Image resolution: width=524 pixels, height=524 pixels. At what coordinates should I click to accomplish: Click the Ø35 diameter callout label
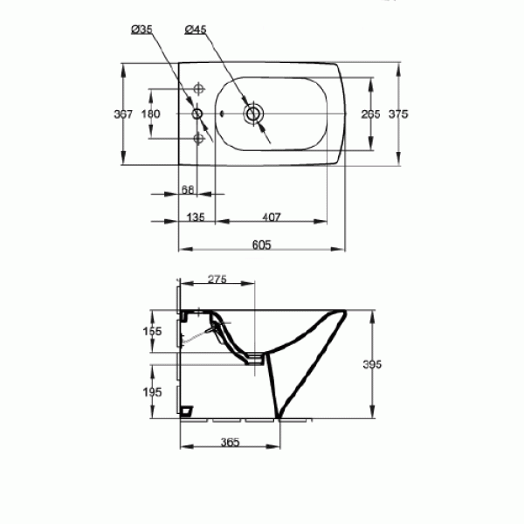(142, 31)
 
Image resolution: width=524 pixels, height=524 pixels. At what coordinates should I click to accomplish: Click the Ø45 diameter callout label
(196, 31)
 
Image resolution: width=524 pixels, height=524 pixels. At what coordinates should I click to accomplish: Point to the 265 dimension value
(371, 114)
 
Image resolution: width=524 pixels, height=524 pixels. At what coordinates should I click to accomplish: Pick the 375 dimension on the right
(398, 114)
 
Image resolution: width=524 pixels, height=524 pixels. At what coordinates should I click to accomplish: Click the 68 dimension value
(187, 190)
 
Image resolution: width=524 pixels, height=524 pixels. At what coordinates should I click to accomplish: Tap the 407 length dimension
(272, 217)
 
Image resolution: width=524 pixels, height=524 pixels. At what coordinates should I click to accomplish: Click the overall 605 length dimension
(259, 245)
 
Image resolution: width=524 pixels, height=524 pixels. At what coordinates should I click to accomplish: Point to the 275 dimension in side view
(217, 279)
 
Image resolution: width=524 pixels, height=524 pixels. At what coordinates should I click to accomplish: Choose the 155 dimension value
(153, 331)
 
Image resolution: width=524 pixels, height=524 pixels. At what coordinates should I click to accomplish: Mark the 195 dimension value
(153, 392)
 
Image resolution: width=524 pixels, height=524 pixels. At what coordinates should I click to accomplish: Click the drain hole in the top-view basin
(254, 114)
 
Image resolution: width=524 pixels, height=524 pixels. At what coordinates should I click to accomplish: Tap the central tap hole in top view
(197, 114)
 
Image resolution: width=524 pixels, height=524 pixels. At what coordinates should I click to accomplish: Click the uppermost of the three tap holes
(198, 88)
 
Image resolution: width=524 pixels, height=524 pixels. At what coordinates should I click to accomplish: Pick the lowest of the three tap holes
(198, 139)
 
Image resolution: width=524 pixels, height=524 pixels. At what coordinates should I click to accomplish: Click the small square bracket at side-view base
(185, 410)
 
